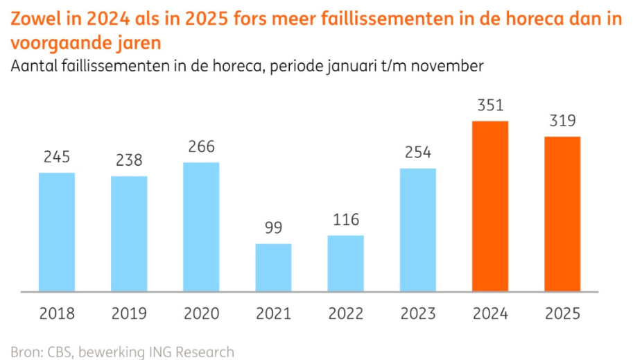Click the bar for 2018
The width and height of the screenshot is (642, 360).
56,232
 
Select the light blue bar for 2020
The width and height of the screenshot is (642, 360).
201,227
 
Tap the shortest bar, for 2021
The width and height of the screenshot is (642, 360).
273,267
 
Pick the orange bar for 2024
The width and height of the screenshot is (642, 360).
490,206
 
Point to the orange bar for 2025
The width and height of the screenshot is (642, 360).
562,214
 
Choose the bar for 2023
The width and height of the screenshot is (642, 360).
418,230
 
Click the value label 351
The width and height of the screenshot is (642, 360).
490,106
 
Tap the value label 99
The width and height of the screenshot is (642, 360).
273,228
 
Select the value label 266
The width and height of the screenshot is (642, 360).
201,147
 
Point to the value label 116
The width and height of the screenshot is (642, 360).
346,220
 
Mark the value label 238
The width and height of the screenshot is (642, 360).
129,160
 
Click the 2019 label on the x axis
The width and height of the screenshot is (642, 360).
129,314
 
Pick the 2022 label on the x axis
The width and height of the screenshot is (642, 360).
346,314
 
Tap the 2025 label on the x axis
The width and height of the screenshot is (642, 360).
562,314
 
